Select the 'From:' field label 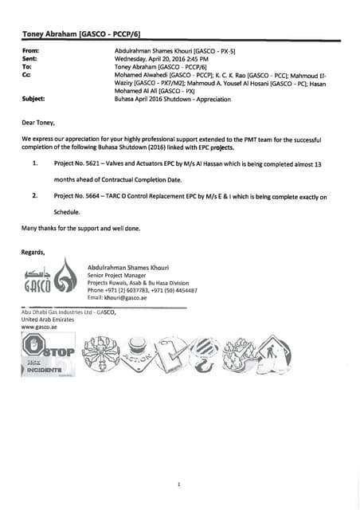pos(31,50)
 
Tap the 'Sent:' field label pos(29,58)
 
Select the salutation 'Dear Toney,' pos(39,123)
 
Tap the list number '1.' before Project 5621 pos(35,163)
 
